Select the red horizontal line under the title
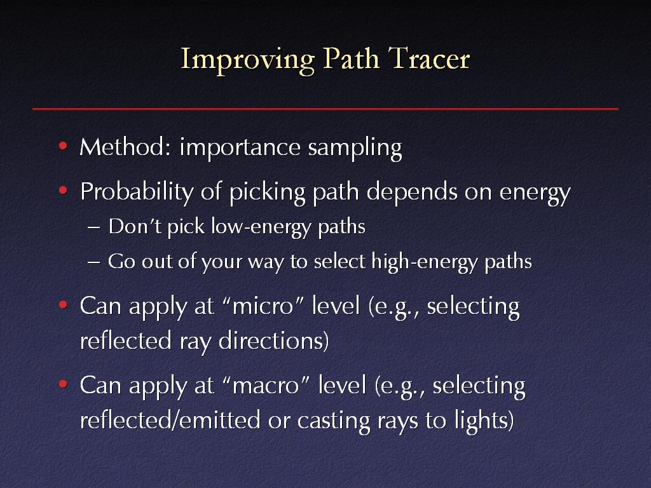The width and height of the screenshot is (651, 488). coord(325,109)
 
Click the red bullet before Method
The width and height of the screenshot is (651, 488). coord(63,146)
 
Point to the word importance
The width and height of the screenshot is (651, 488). coord(240,147)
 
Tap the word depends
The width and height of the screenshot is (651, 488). coord(412,192)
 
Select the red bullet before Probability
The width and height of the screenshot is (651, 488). coord(63,191)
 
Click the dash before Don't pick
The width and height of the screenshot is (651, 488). coord(94,228)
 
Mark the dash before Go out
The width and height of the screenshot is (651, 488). coord(94,262)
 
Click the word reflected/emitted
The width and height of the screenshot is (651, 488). coord(170,420)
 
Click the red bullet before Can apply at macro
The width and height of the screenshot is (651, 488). coord(63,384)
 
